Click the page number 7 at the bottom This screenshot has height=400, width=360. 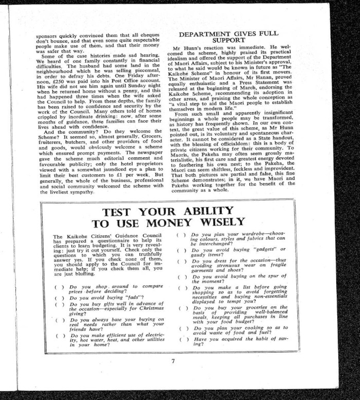[173, 361]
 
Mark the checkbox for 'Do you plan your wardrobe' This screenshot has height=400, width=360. [181, 235]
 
